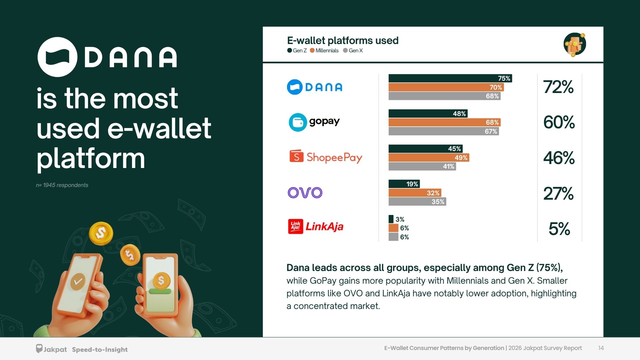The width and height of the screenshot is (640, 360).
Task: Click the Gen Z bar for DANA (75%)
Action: coord(450,78)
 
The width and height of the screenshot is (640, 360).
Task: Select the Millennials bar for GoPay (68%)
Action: coord(444,122)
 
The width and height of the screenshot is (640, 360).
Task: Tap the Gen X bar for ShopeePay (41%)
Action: coord(422,166)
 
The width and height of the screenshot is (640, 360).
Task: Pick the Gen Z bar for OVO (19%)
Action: coord(404,184)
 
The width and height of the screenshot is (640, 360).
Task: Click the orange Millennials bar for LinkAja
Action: coord(393,228)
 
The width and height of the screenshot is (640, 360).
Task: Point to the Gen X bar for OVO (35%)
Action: coord(417,202)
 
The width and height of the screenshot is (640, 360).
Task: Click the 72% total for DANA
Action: coord(558,87)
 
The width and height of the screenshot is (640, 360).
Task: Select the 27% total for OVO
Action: coord(558,193)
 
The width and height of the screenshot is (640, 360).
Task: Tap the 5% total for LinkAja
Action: coord(559,229)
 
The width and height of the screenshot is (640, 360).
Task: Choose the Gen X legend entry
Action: coord(353,51)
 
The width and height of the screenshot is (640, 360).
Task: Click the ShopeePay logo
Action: coord(326,157)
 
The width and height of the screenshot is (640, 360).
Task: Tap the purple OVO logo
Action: coord(305,193)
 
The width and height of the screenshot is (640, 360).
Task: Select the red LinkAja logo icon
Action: coord(296,226)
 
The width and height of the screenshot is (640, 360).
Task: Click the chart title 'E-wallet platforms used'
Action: coord(343,41)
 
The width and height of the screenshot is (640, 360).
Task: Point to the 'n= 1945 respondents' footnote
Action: coord(62,185)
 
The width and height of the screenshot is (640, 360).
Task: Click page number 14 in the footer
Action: coord(601,348)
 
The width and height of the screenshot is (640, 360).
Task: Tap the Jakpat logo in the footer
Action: coord(51,349)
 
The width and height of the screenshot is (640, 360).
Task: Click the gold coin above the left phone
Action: coord(101,233)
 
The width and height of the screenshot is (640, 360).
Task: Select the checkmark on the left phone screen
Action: coord(78,282)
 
